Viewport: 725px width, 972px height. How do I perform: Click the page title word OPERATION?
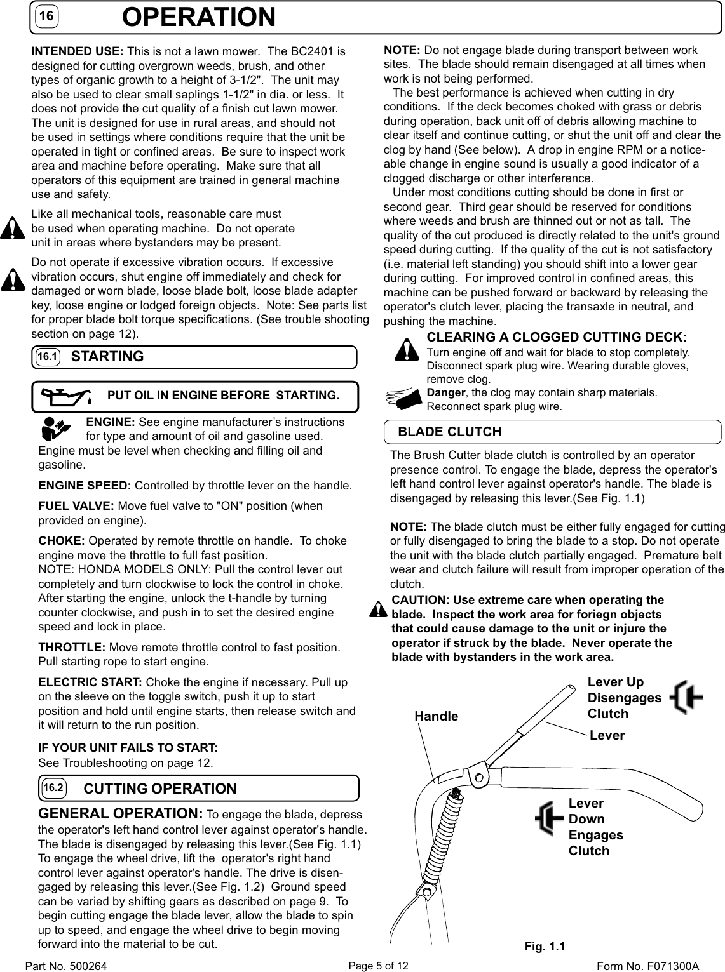pos(199,17)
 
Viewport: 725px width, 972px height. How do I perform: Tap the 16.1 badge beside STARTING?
pos(47,357)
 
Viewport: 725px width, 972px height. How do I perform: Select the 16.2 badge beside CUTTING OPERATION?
pos(54,789)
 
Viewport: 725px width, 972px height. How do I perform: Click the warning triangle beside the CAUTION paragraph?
pos(379,608)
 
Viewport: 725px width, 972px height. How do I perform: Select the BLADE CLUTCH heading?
pos(449,432)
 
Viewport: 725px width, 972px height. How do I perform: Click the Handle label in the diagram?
pos(436,716)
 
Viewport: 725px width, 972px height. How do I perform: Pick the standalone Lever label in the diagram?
pos(607,735)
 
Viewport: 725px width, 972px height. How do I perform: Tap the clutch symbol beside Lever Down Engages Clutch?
pos(550,819)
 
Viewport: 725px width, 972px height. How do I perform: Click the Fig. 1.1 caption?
pos(545,947)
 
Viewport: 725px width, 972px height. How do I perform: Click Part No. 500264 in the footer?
pos(66,966)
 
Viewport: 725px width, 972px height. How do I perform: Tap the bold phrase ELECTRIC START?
pos(91,682)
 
